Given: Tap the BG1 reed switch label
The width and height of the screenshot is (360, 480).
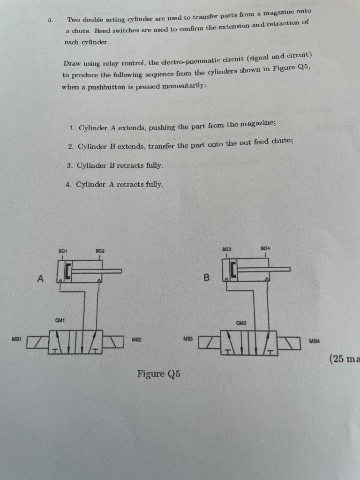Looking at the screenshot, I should (61, 251).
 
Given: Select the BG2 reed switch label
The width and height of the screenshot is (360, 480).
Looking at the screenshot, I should (100, 251).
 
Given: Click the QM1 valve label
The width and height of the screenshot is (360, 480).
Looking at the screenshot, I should (60, 321).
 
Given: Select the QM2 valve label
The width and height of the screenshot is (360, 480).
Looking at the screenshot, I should (241, 322).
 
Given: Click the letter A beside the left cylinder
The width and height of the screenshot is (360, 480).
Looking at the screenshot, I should (40, 279).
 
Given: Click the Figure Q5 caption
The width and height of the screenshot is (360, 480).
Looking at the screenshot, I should (158, 374).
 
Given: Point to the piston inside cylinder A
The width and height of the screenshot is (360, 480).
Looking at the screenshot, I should (68, 271).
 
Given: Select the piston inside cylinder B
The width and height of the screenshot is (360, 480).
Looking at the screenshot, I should (233, 270).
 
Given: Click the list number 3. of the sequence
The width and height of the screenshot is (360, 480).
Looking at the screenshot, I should (70, 165).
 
